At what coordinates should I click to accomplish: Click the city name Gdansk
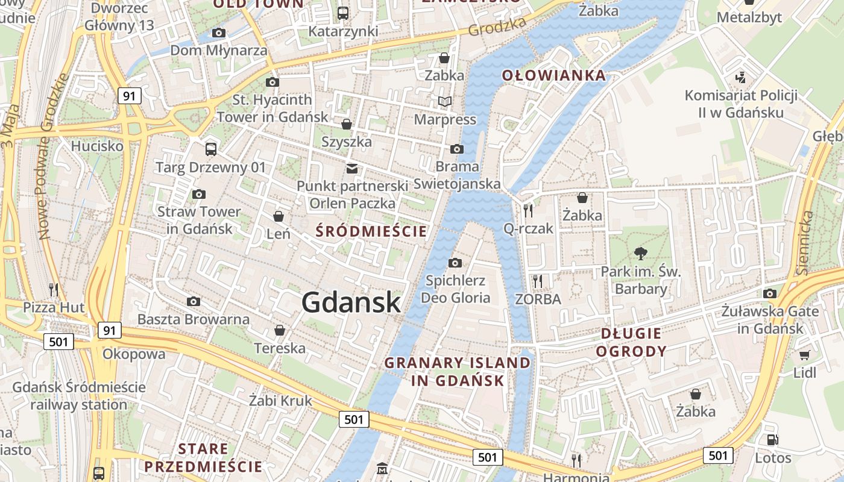click(351, 302)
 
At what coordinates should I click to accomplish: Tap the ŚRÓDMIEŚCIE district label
click(371, 231)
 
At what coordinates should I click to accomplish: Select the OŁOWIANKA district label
click(554, 75)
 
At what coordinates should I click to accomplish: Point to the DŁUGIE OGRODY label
click(631, 342)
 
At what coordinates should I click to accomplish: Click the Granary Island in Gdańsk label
click(458, 372)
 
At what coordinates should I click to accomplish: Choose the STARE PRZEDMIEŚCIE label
click(203, 458)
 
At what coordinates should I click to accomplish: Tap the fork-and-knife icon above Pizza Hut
click(54, 290)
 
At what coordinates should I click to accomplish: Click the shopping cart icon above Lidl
click(804, 355)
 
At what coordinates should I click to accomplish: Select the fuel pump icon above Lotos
click(773, 440)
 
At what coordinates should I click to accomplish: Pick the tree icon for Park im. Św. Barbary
click(640, 254)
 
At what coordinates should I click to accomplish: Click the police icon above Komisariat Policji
click(741, 78)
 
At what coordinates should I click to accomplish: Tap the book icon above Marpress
click(445, 101)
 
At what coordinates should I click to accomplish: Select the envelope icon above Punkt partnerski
click(351, 168)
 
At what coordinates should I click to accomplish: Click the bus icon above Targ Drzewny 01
click(210, 149)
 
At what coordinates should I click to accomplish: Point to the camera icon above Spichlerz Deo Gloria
click(455, 263)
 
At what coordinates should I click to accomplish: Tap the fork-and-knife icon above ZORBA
click(538, 281)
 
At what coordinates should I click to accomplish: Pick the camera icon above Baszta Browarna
click(194, 301)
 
